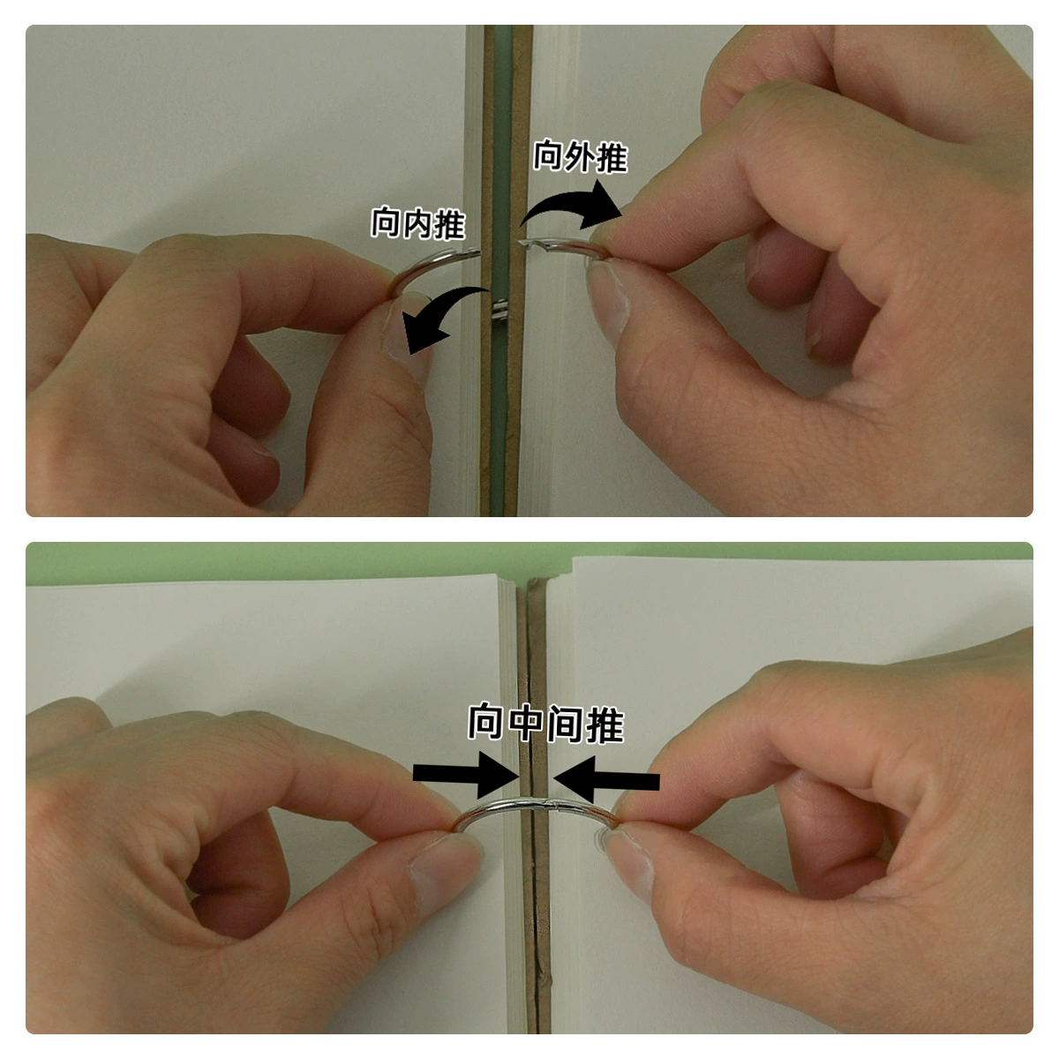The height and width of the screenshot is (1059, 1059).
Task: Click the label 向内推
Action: (418, 223)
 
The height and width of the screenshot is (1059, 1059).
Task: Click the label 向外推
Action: (581, 156)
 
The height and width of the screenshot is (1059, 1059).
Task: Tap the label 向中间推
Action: (545, 724)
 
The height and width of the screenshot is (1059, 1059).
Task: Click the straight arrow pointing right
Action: (466, 776)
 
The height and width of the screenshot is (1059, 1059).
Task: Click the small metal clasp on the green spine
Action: (499, 311)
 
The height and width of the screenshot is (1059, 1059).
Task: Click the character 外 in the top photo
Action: (581, 156)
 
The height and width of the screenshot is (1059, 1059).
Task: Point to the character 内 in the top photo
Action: (418, 223)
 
